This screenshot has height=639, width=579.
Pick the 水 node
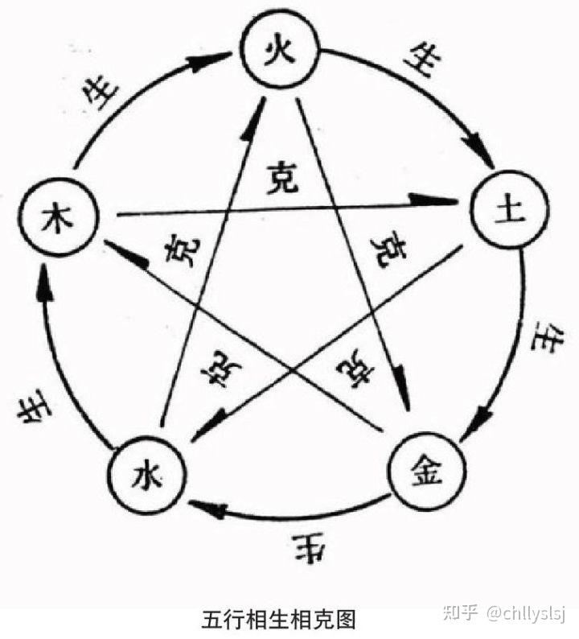pos(146,476)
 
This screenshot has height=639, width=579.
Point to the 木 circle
pos(60,217)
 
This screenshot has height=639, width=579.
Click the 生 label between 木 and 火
pos(105,95)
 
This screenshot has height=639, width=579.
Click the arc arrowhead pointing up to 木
pos(45,286)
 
